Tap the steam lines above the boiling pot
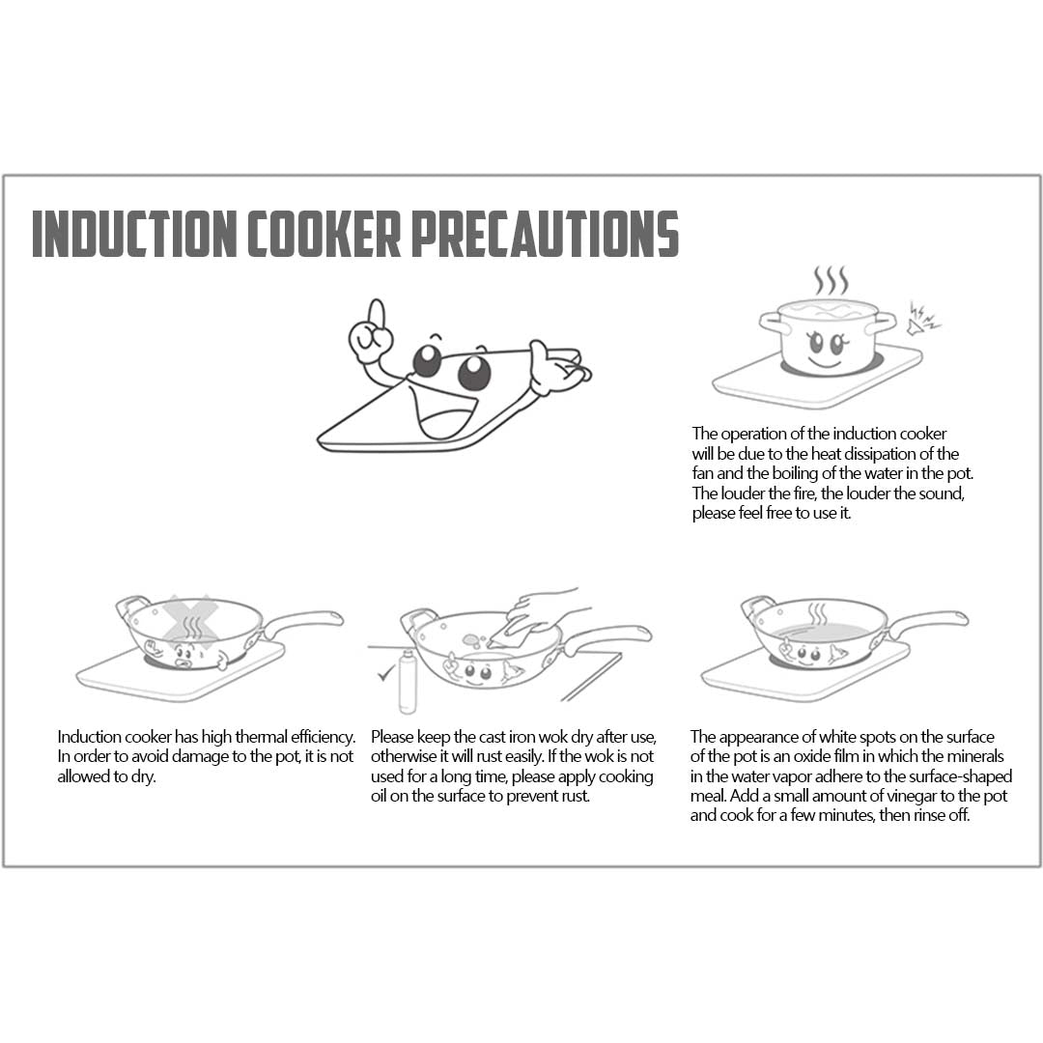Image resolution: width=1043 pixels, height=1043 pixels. [x=831, y=281]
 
